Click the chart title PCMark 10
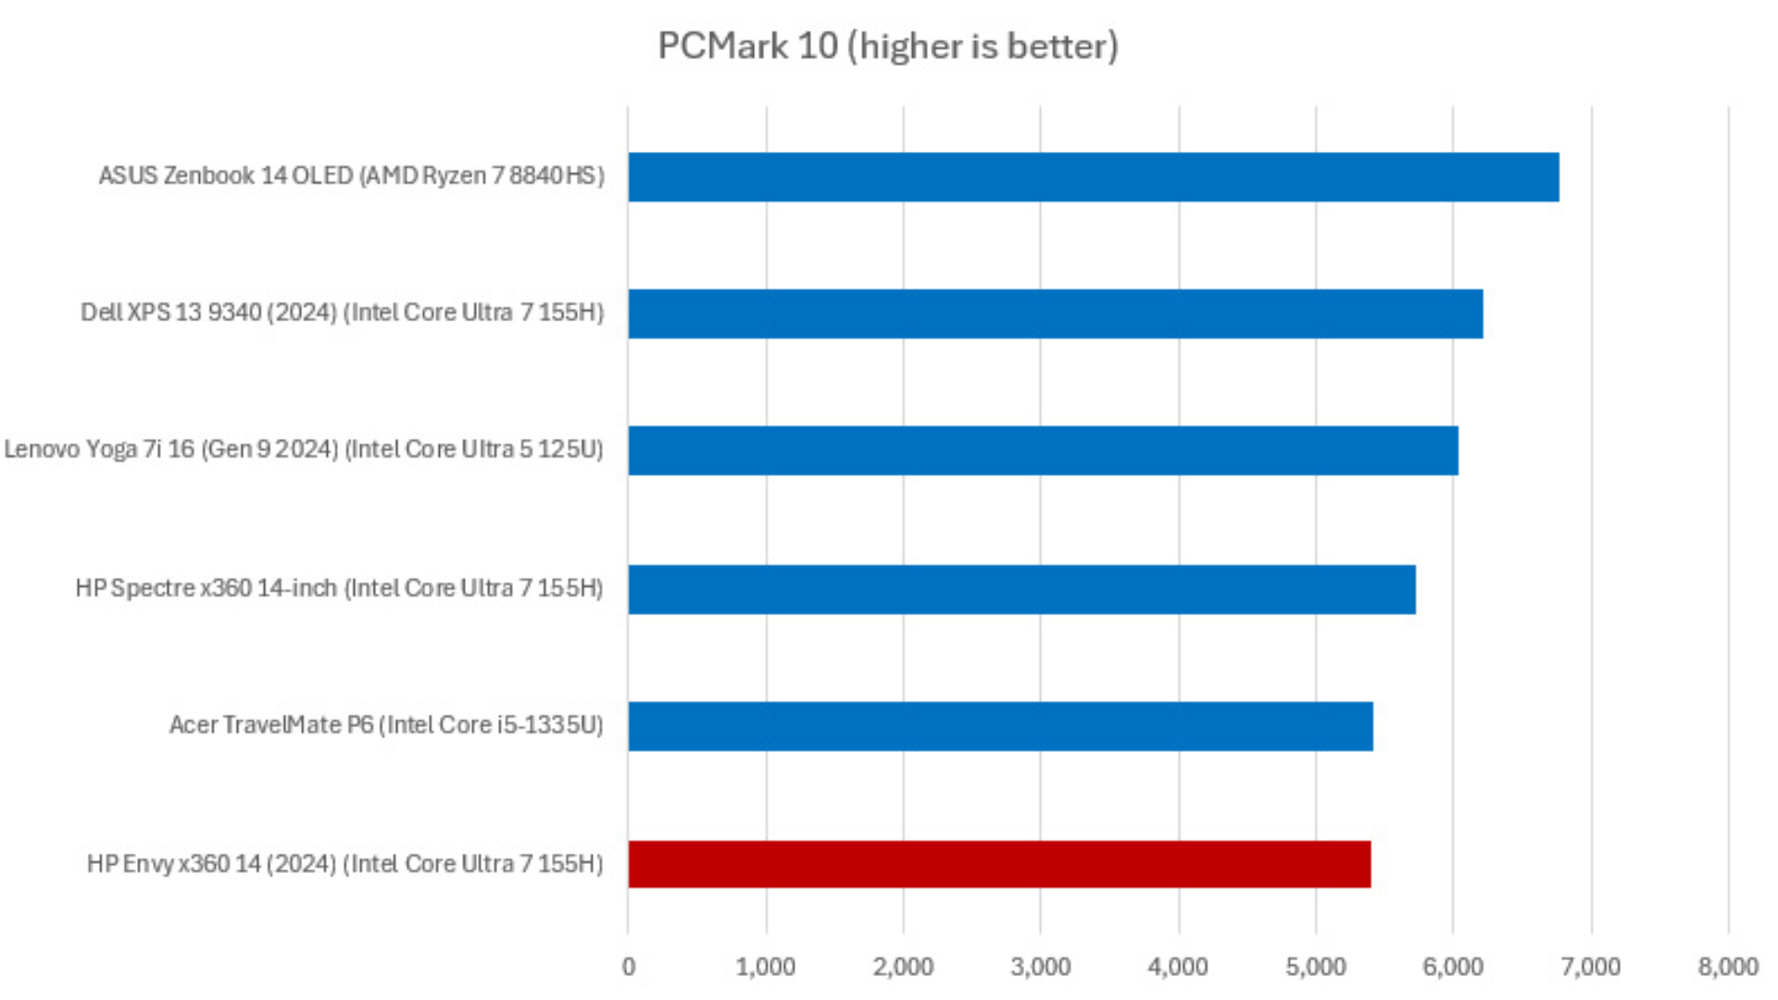[887, 46]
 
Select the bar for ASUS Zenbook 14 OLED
[1093, 177]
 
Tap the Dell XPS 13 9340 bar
[1055, 313]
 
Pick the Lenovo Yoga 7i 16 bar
[1043, 450]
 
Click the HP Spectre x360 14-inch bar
[1021, 589]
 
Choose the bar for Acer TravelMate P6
[1000, 726]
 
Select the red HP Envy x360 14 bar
[999, 864]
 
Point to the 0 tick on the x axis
[629, 967]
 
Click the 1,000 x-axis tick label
[765, 967]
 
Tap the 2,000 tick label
[903, 967]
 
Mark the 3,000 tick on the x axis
[1040, 967]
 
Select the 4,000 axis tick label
[1178, 967]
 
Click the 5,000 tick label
[1315, 967]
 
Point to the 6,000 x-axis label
[1452, 967]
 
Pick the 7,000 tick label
[1590, 967]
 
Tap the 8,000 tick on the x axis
[1728, 967]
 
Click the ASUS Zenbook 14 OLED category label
[351, 176]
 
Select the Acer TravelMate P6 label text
[386, 725]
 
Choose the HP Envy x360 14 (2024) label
[344, 864]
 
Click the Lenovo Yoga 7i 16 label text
[304, 449]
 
